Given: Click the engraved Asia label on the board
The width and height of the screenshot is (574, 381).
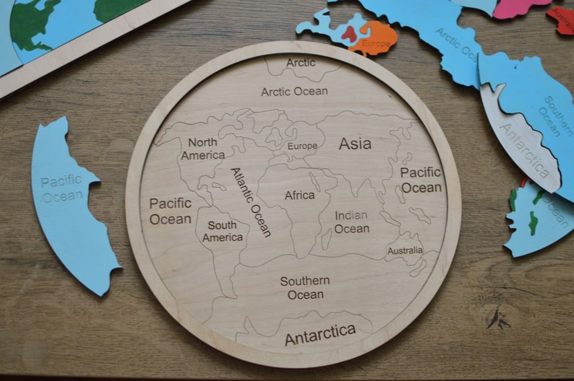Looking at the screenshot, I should point(355,144).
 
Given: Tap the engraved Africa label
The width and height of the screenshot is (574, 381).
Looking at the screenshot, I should point(299,196).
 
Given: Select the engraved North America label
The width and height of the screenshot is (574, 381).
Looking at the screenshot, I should point(202,149).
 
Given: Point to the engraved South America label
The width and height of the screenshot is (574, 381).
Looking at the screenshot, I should point(222,232).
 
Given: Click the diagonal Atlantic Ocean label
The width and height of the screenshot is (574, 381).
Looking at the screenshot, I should point(251,202).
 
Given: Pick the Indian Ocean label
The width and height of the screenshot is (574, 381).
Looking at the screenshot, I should point(351,222).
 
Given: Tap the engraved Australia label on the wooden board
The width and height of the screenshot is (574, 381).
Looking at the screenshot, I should point(405,250).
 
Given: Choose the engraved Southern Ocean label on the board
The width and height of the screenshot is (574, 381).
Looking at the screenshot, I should point(305,287).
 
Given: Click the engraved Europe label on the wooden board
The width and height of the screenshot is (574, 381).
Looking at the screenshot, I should point(302,146).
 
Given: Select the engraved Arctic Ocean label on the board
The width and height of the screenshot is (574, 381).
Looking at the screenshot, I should point(294,92).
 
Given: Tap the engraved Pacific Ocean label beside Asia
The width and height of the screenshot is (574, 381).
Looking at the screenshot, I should point(421,180).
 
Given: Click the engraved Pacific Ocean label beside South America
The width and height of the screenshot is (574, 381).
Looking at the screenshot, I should point(171,211).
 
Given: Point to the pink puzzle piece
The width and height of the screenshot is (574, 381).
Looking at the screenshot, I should point(521,7).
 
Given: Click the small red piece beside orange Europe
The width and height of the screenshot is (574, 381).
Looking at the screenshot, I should point(351,32).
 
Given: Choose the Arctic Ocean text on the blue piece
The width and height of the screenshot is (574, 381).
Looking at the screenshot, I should point(456,45).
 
